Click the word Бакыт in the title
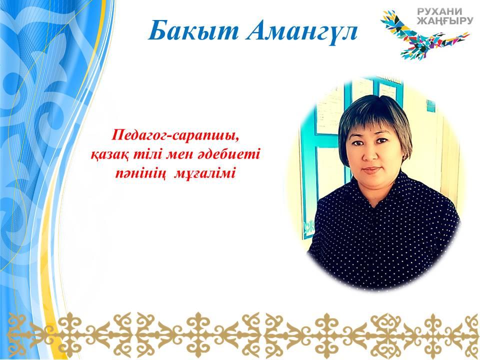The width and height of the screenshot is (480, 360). tap(193, 30)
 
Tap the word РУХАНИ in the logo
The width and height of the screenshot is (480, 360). tap(439, 11)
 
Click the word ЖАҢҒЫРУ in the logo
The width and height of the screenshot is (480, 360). tap(445, 21)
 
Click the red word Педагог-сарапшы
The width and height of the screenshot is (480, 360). tap(175, 135)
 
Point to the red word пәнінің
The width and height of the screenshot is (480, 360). tap(140, 174)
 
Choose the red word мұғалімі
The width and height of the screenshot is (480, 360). tap(205, 174)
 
